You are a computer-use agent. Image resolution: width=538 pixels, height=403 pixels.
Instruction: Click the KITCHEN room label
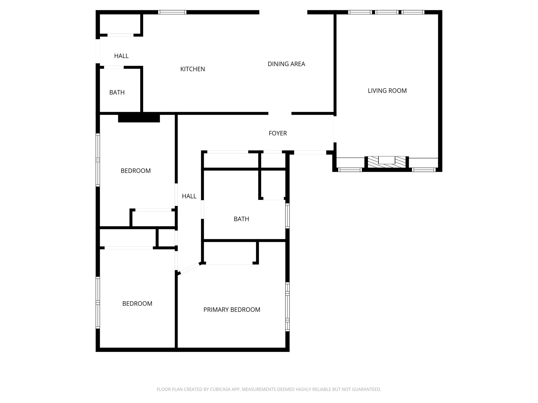(192, 69)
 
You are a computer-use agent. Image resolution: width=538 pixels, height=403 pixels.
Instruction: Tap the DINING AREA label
(286, 64)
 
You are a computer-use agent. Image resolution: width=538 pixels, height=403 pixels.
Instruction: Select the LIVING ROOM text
(387, 91)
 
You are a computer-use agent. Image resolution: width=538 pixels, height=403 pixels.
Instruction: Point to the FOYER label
(278, 133)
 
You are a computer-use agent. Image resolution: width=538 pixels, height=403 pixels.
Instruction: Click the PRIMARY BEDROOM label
(232, 310)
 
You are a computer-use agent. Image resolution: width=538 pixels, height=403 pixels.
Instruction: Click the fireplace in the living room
(387, 162)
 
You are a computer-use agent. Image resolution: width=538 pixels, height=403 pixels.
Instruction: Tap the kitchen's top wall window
(172, 12)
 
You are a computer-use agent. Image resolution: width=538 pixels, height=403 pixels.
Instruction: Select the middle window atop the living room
(386, 12)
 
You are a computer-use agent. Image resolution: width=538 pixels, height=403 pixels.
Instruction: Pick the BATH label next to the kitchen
(117, 92)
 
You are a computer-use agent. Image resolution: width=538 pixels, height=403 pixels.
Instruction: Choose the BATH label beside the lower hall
(241, 219)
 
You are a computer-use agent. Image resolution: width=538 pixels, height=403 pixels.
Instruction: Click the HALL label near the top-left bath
(121, 56)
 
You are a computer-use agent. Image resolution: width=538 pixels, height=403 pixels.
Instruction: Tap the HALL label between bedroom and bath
(189, 196)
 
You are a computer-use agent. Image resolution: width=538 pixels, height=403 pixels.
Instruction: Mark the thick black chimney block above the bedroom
(139, 118)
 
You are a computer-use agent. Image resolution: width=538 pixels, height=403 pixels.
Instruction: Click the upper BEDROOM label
(136, 171)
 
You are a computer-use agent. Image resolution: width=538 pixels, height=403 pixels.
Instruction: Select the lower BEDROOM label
(137, 304)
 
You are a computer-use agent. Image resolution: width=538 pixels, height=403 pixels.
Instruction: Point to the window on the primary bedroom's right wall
(287, 306)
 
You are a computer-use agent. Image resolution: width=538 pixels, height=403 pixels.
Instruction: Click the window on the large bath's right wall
(287, 216)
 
